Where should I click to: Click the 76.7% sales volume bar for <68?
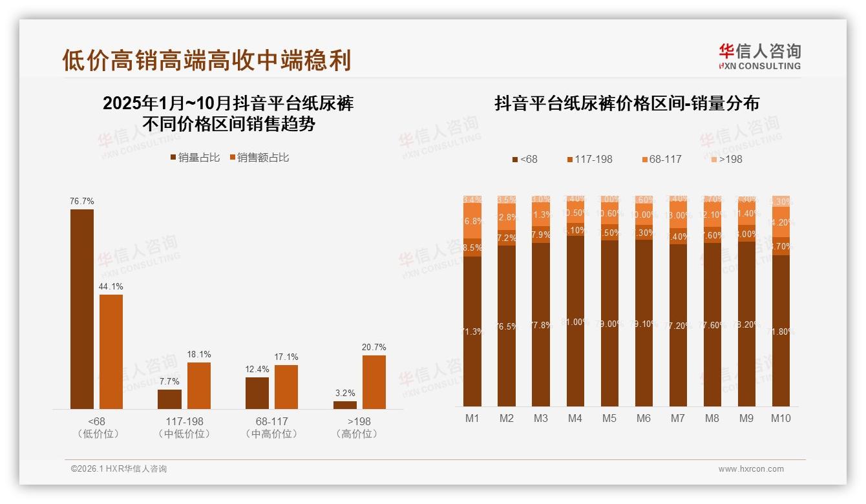(82, 309)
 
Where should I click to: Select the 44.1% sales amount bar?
(111, 352)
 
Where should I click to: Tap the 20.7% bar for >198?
(374, 382)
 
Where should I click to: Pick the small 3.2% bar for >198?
(345, 405)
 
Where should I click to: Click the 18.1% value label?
(199, 355)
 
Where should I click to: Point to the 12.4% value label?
(257, 369)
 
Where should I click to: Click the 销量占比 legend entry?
(195, 158)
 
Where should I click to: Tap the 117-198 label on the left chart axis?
(185, 422)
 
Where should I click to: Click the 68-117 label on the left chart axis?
(272, 422)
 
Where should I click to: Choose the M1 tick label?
(472, 419)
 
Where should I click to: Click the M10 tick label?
(781, 419)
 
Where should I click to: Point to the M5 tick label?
(609, 419)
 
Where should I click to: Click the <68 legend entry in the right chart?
(524, 159)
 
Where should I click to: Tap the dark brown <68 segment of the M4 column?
(575, 321)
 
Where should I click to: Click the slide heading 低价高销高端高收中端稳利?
(207, 60)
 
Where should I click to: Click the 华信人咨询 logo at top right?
(759, 56)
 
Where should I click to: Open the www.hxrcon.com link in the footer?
(751, 469)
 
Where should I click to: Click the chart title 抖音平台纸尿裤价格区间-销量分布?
(626, 103)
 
